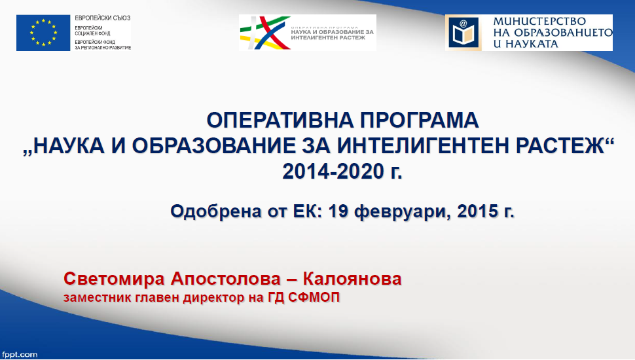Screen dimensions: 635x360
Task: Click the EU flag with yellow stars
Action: point(43,33)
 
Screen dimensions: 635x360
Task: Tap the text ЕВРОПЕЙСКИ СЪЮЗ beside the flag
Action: point(103,18)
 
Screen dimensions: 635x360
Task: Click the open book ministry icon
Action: point(463,33)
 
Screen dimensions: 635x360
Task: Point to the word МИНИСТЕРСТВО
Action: point(539,22)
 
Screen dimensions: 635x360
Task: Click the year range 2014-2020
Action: point(333,171)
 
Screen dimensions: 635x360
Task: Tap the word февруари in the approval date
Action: point(401,211)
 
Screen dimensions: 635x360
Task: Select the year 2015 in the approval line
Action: point(477,211)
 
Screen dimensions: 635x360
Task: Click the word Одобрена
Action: point(216,211)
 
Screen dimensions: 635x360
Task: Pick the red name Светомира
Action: point(114,279)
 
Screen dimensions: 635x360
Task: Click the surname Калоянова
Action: point(352,279)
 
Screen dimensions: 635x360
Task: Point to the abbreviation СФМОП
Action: point(314,298)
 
